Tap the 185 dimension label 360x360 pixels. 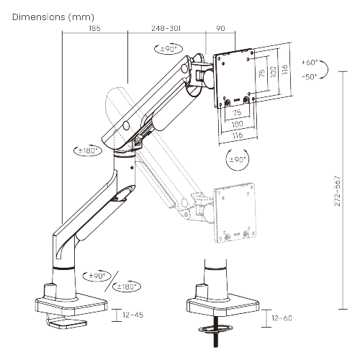(x=95, y=29)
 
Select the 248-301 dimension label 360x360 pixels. (x=166, y=29)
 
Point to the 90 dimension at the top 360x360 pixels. (x=220, y=29)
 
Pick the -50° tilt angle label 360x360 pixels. (x=310, y=76)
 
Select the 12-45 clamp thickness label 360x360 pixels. (x=135, y=315)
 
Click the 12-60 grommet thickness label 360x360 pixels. (x=284, y=318)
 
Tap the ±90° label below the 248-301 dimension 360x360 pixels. (x=168, y=50)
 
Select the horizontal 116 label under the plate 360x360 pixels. (x=237, y=135)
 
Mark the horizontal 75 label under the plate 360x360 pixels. (x=236, y=112)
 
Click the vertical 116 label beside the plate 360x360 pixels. (x=284, y=69)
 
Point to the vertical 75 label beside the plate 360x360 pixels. (x=262, y=71)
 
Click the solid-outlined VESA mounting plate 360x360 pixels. (x=235, y=76)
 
